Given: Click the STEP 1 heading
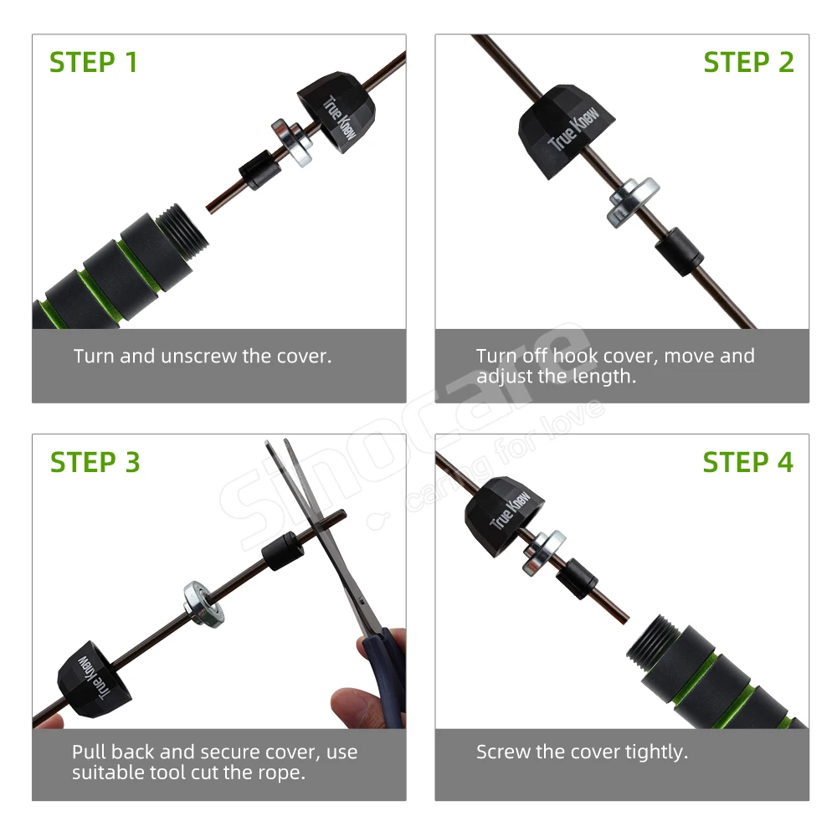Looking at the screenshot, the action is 94,62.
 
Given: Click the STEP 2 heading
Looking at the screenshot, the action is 748,62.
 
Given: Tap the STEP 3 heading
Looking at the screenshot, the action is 95,462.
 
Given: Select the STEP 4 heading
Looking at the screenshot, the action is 747,462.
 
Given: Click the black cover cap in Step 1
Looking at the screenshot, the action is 336,111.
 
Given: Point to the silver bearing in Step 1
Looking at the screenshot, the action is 292,142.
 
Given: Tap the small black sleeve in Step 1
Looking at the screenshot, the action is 259,170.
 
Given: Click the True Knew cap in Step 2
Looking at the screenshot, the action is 565,131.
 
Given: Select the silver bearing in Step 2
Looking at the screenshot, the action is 633,203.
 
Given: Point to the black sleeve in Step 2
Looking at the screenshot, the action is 679,251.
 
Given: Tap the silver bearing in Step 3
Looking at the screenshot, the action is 203,604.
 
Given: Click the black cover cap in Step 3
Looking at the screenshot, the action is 95,679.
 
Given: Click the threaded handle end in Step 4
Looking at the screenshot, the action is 654,644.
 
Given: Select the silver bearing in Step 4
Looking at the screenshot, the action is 544,552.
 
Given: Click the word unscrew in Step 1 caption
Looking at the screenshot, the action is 198,356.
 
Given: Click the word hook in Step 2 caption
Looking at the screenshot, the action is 578,356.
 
